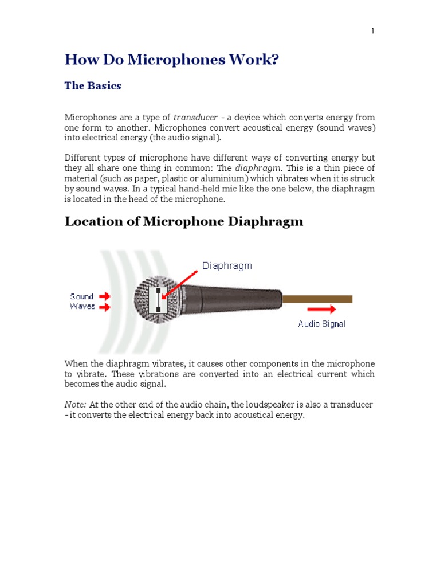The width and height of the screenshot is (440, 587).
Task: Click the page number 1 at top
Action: pyautogui.click(x=372, y=31)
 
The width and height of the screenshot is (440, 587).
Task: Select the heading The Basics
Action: pyautogui.click(x=93, y=86)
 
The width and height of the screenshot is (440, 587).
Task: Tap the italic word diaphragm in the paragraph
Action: pyautogui.click(x=263, y=167)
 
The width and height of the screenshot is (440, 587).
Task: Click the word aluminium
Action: pyautogui.click(x=215, y=178)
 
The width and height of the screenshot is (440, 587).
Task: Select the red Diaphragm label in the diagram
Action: pyautogui.click(x=227, y=266)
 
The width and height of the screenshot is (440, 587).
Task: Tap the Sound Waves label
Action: pyautogui.click(x=82, y=301)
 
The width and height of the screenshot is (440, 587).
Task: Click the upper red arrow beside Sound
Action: pyautogui.click(x=105, y=296)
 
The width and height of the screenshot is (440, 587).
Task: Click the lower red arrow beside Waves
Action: pyautogui.click(x=105, y=307)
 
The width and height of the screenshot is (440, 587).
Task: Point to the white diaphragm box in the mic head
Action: pyautogui.click(x=158, y=300)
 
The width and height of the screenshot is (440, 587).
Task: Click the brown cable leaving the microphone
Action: pyautogui.click(x=318, y=299)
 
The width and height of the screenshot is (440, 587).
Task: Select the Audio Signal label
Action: pyautogui.click(x=321, y=324)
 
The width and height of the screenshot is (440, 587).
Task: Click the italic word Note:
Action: pyautogui.click(x=75, y=405)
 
